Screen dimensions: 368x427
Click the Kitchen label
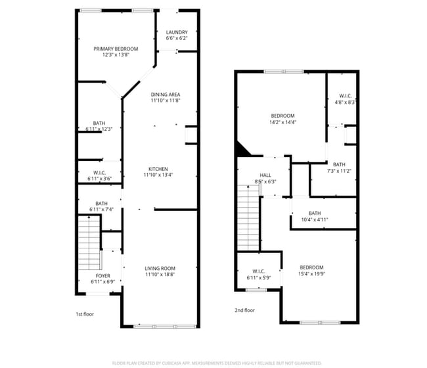coord(158,172)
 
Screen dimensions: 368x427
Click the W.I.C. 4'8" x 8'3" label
coord(344,99)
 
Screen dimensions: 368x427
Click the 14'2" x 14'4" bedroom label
coord(282,119)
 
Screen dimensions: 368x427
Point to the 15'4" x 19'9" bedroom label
coord(311,270)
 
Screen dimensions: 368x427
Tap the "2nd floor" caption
coord(244,310)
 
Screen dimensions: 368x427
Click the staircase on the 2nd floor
coord(248,216)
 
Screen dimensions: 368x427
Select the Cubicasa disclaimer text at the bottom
coord(217,362)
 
